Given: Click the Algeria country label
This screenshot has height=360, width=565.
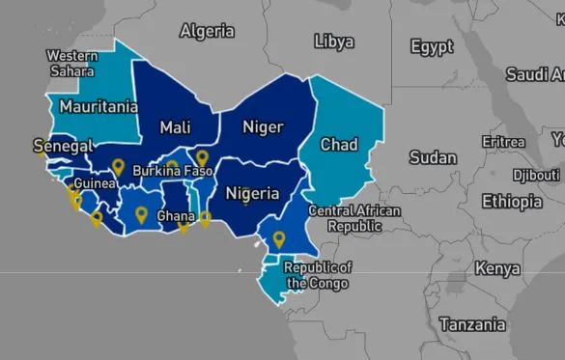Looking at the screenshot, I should (x=207, y=31).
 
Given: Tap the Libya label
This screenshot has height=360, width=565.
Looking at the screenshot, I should (x=334, y=42).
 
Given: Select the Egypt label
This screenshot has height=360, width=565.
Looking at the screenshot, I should (x=432, y=46).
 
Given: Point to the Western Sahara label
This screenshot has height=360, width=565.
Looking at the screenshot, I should (x=71, y=64).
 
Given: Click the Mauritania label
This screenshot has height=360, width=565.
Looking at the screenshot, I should (x=95, y=105).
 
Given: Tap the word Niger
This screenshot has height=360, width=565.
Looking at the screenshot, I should (x=263, y=127).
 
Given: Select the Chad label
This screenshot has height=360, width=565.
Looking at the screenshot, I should (x=339, y=145).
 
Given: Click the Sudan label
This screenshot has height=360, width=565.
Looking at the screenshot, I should (x=433, y=157).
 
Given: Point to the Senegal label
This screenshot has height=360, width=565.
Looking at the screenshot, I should (x=63, y=147).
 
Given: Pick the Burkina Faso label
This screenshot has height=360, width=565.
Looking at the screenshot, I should (x=173, y=171).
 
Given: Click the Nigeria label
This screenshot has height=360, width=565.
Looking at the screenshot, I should (x=252, y=194).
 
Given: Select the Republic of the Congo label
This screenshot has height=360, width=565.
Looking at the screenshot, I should (x=317, y=275).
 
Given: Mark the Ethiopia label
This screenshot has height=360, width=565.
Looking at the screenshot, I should (x=513, y=202).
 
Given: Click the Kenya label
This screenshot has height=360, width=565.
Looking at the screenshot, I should (x=497, y=268).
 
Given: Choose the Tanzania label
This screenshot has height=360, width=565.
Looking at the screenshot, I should (x=472, y=325).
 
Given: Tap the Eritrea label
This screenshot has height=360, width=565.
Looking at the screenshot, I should (x=503, y=142).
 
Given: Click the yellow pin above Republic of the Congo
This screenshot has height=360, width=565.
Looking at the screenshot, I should (x=279, y=238).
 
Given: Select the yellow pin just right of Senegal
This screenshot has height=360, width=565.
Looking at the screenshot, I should (x=118, y=167).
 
